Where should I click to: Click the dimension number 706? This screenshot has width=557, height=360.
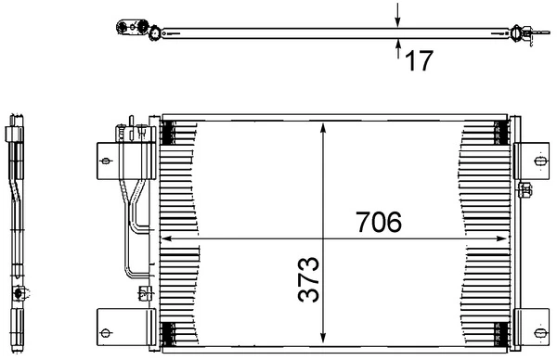tap(378, 224)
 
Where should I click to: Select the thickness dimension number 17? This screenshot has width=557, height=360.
tap(419, 61)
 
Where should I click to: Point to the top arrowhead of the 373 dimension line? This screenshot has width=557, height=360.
tap(322, 128)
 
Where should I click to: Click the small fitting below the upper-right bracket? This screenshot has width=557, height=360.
tap(525, 192)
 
